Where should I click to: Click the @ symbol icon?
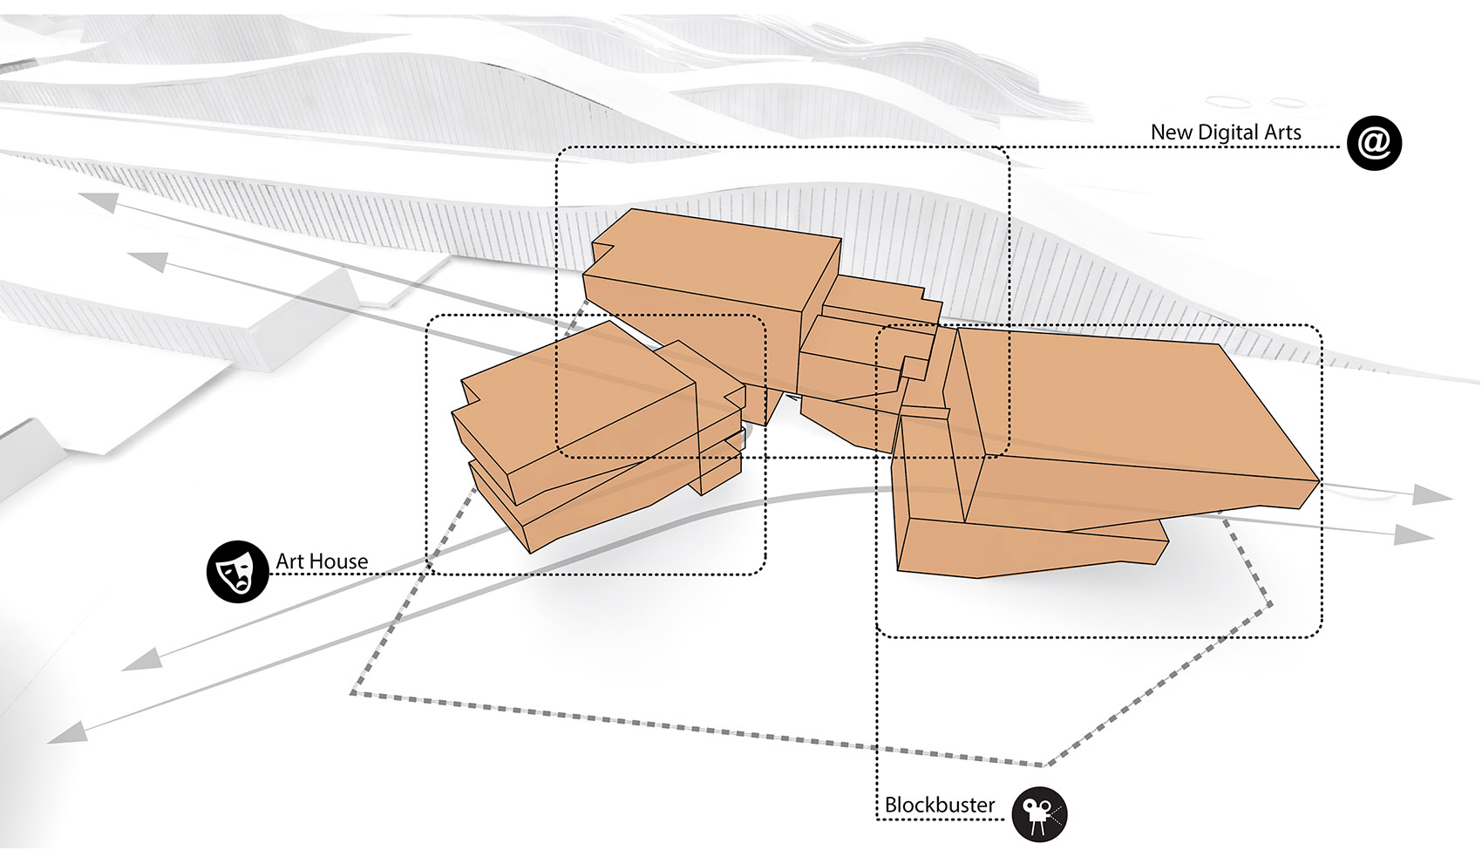pyautogui.click(x=1374, y=143)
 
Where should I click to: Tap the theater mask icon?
pyautogui.click(x=237, y=572)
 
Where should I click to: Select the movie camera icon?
pyautogui.click(x=1039, y=814)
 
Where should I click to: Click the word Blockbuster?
pyautogui.click(x=940, y=805)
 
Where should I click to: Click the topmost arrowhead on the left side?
pyautogui.click(x=99, y=201)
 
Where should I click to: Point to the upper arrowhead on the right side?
pyautogui.click(x=1431, y=495)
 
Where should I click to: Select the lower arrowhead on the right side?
pyautogui.click(x=1413, y=534)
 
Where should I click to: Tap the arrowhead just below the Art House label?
pyautogui.click(x=142, y=659)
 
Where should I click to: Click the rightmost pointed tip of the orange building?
pyautogui.click(x=1321, y=480)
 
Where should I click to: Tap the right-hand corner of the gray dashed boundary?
pyautogui.click(x=1271, y=603)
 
